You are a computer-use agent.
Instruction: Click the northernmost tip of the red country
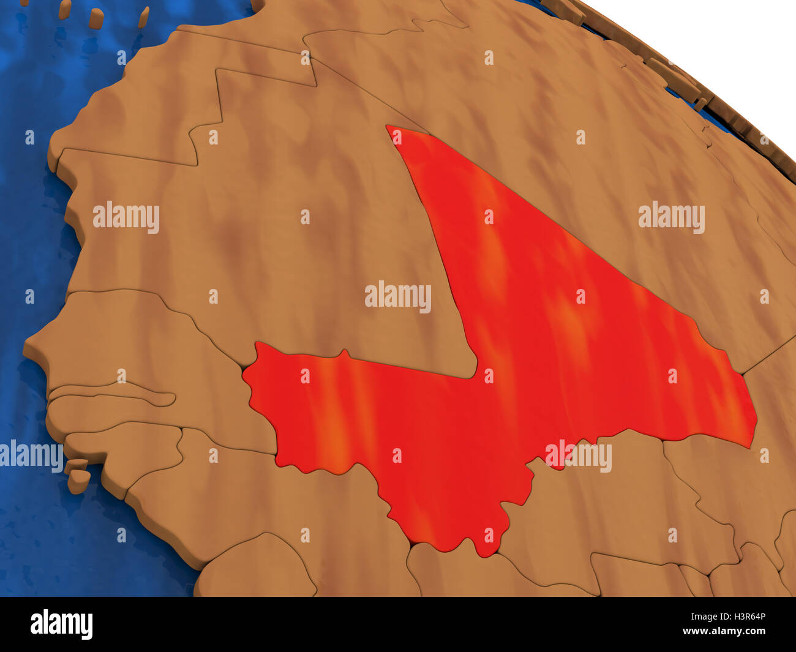pos(388,127)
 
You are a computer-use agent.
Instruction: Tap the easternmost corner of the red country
pos(756,422)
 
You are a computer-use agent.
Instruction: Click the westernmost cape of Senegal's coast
pos(26,352)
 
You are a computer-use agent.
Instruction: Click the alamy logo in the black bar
pos(61,624)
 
